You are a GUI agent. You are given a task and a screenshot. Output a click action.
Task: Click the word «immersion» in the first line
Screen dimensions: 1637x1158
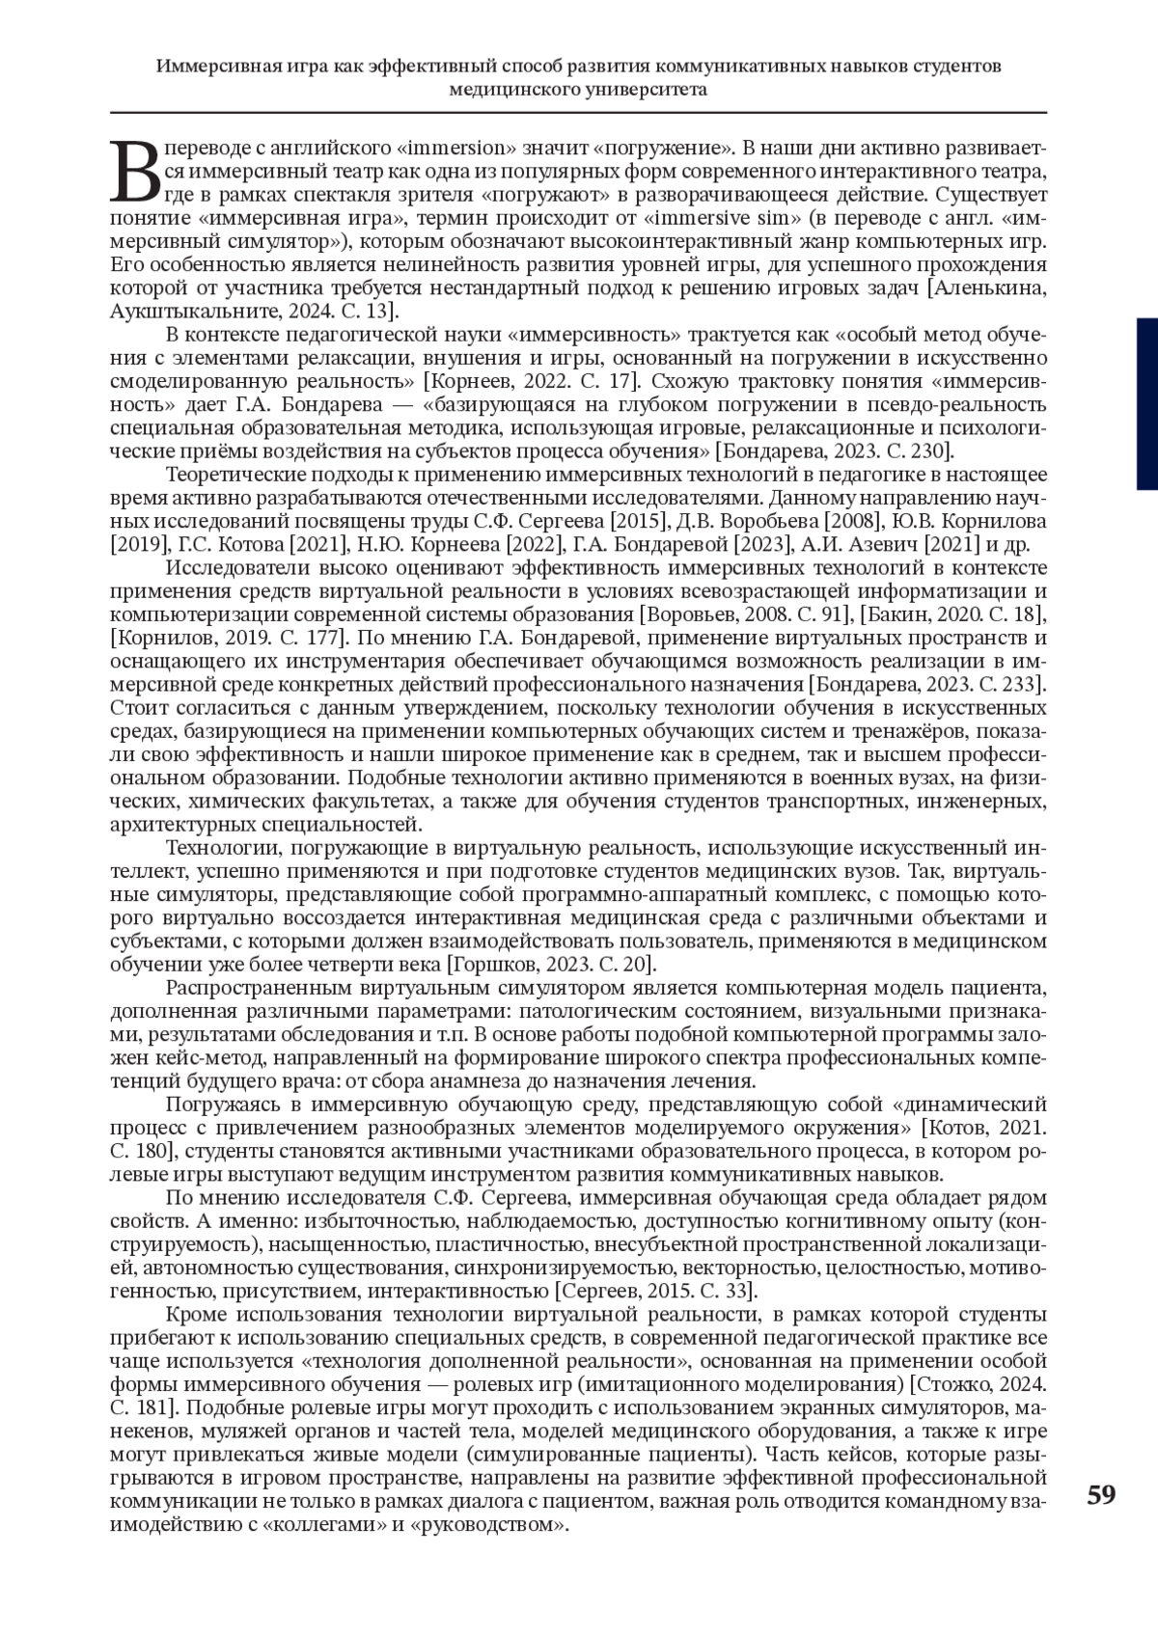click(x=457, y=149)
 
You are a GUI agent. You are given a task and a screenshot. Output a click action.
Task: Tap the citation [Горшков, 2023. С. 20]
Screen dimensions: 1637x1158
click(x=550, y=964)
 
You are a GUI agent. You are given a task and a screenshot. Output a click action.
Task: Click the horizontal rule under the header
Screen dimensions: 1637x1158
click(x=579, y=113)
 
